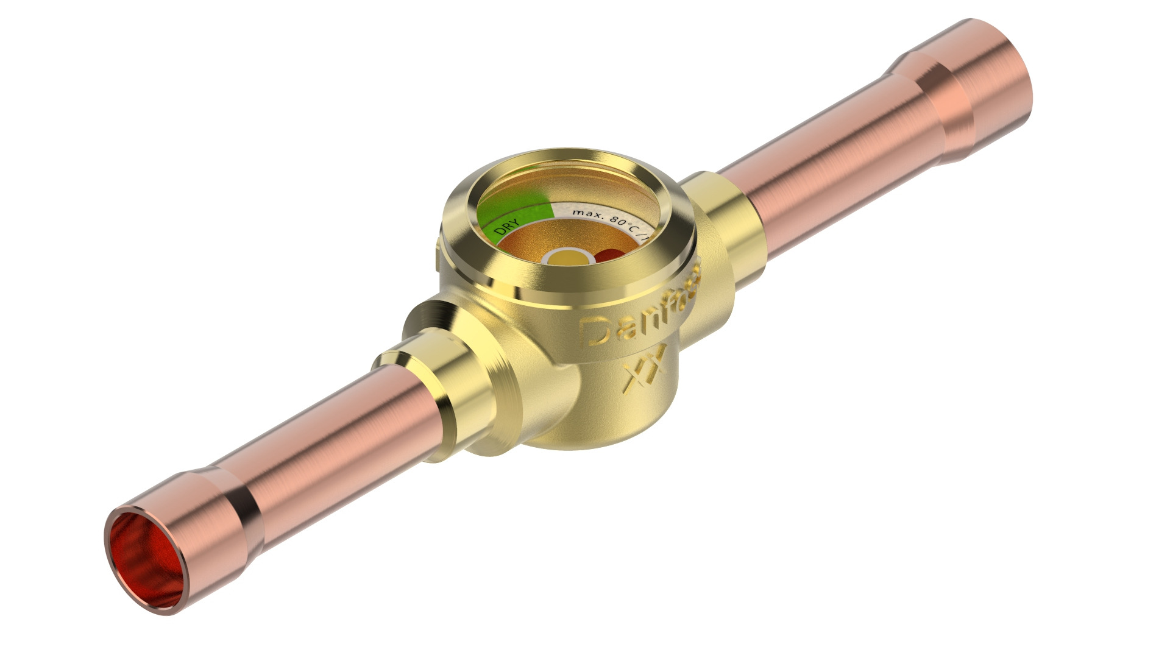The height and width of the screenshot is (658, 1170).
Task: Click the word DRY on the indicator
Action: (506, 227)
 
